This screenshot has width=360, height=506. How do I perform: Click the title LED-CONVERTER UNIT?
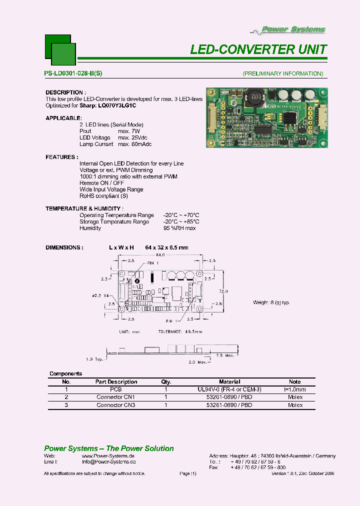click(x=258, y=49)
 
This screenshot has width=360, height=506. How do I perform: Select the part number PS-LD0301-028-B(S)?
click(x=73, y=73)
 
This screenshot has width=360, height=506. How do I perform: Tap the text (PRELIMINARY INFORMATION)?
click(x=283, y=73)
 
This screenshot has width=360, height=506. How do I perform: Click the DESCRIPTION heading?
click(x=65, y=92)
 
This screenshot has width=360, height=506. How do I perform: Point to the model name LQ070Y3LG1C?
click(x=117, y=105)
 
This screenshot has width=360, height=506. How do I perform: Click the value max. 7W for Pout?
click(x=129, y=131)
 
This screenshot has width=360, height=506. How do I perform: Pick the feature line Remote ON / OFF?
click(x=101, y=183)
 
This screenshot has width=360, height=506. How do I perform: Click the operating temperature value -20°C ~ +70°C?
click(x=181, y=215)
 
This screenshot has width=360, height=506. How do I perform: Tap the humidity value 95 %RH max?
click(x=179, y=228)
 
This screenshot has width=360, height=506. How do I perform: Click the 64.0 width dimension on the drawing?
click(x=159, y=255)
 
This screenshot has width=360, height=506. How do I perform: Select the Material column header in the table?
click(x=229, y=381)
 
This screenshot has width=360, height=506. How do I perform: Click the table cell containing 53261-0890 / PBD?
click(x=229, y=397)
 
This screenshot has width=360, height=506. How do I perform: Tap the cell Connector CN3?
click(x=115, y=405)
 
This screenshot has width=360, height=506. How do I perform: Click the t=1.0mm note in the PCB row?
click(x=295, y=389)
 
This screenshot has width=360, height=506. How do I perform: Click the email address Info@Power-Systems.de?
click(x=108, y=462)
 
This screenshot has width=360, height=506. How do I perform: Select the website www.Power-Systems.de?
click(x=108, y=456)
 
